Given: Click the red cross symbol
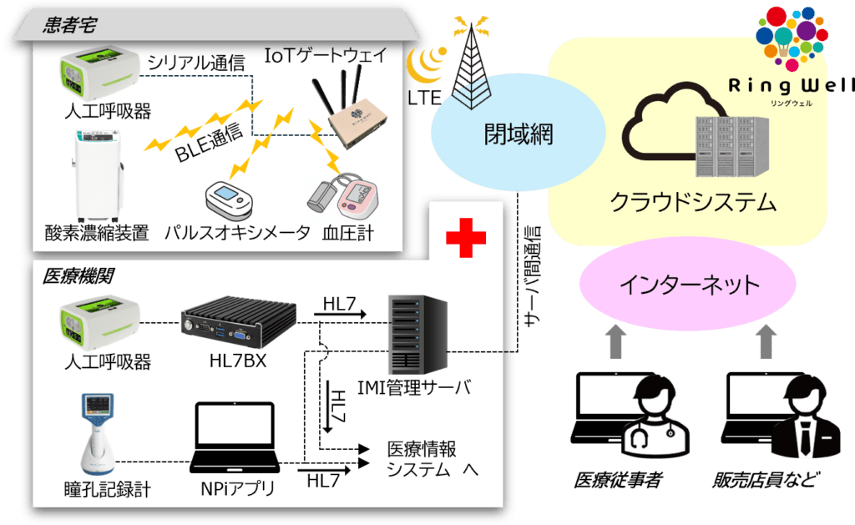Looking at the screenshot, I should (465, 240).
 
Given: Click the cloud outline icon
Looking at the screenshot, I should (668, 125).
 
